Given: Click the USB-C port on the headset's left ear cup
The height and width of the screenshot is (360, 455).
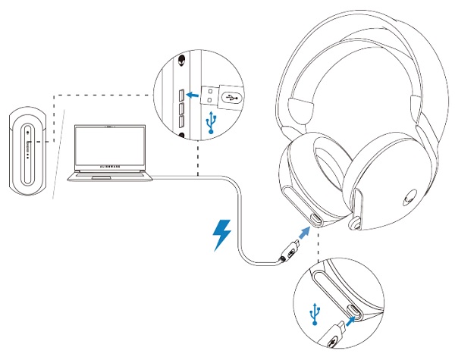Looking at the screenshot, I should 315,221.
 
